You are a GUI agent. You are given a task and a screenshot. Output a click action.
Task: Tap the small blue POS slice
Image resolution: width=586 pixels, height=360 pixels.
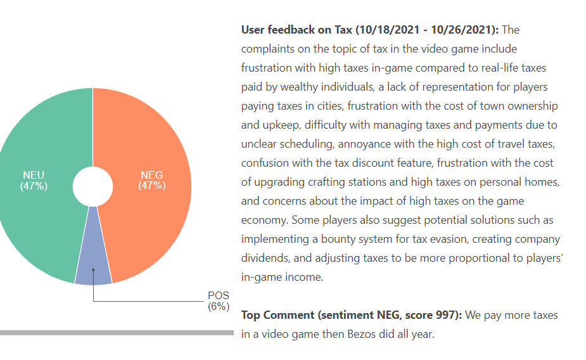[93, 254]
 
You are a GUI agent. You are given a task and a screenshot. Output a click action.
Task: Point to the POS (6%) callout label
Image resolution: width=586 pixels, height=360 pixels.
[219, 301]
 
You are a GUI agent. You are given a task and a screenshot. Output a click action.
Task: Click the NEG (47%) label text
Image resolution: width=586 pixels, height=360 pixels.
[152, 181]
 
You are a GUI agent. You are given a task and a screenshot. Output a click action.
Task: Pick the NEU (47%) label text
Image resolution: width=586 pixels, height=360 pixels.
[34, 181]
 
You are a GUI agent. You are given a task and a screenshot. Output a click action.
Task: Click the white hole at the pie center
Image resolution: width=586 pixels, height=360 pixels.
[92, 186]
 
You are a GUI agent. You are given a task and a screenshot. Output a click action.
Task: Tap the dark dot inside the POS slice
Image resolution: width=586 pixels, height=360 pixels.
[93, 270]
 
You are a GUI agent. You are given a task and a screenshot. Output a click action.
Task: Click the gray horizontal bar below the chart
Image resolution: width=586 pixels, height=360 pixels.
[117, 332]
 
